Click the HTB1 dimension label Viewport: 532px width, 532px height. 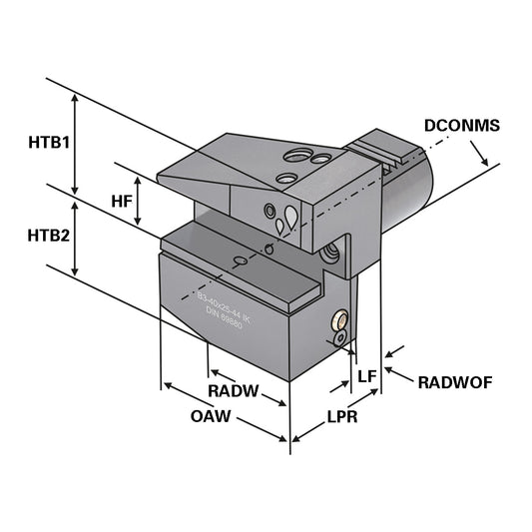(x=47, y=142)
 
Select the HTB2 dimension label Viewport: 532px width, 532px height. (x=48, y=236)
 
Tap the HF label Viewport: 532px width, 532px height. (x=122, y=201)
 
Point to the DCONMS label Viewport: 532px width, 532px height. (x=461, y=126)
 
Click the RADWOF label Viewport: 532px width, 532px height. (x=454, y=381)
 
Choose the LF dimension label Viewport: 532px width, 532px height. (x=366, y=375)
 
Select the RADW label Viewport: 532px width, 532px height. (x=233, y=390)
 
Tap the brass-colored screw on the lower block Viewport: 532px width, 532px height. (x=340, y=321)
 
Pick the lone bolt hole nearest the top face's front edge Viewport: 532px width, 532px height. (x=285, y=178)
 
